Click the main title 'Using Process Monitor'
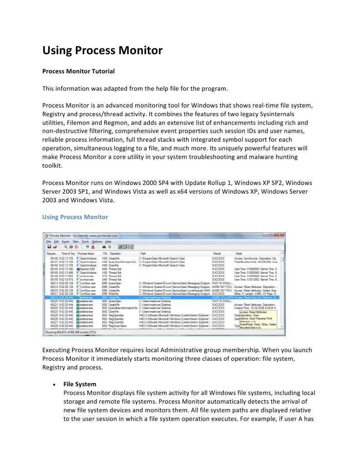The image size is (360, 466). pos(102,51)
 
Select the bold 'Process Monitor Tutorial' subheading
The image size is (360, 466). pos(78,72)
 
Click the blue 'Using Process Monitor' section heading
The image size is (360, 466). pos(75,217)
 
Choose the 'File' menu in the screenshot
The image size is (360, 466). pos(48,241)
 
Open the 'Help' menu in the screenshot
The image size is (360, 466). pos(108,241)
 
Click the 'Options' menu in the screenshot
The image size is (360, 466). pos(97,241)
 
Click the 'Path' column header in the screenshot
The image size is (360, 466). pos(143,253)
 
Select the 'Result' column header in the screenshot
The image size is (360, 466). pos(217,253)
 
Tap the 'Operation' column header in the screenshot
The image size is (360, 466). pos(115,253)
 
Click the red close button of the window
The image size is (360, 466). pos(279,235)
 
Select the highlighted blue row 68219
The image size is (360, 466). pos(164,297)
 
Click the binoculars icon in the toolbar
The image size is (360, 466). pos(104,247)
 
